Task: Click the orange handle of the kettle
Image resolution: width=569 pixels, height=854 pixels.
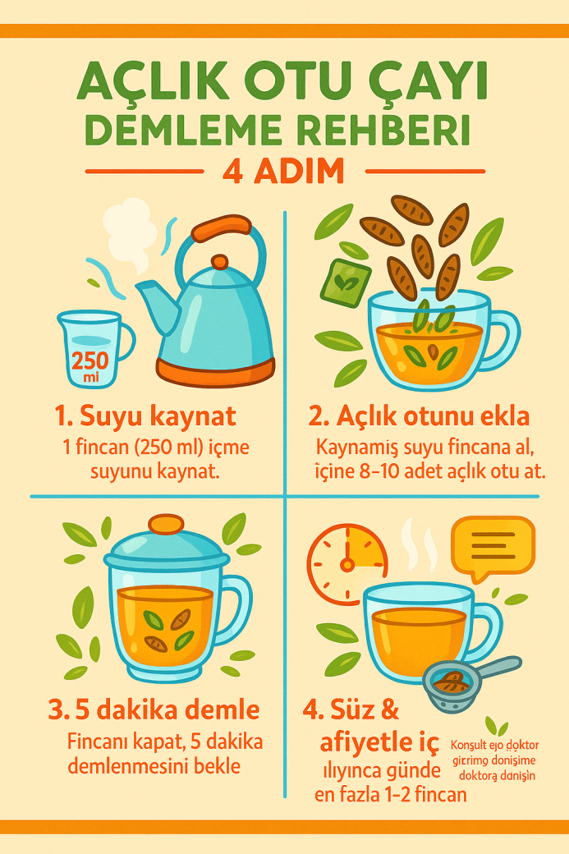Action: [x=220, y=226]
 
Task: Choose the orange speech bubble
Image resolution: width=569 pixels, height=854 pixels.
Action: [x=493, y=545]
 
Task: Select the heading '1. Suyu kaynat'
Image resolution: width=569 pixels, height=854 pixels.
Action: [x=145, y=416]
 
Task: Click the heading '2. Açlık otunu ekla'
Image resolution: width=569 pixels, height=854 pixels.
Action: [x=419, y=416]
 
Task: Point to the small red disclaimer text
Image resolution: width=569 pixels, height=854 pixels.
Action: [x=495, y=760]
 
